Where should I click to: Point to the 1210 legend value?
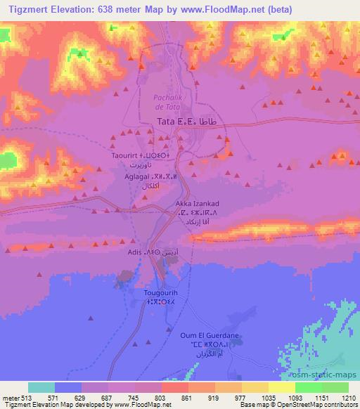(x=349, y=397)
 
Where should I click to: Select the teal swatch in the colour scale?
(x=41, y=387)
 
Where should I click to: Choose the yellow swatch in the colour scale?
(x=281, y=387)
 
